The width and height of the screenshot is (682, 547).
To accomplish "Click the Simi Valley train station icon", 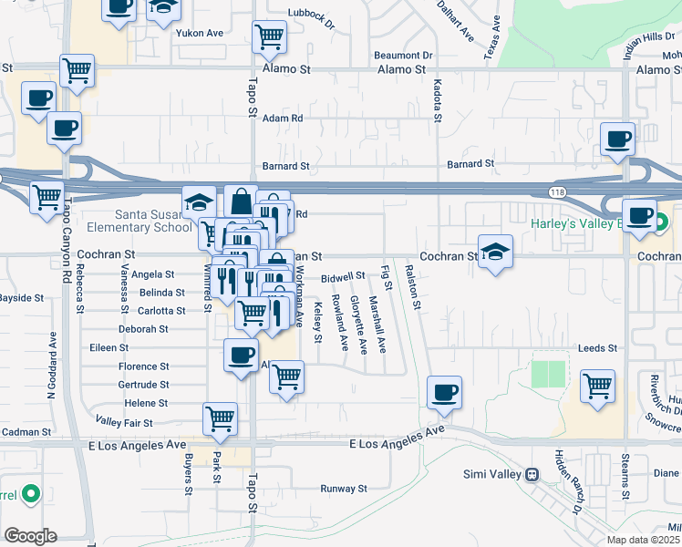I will pos(530,474).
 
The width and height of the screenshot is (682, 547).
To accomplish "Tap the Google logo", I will pos(31,536).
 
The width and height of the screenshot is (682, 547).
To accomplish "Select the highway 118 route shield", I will pos(555,192).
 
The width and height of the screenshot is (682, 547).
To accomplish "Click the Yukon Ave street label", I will pos(201,33).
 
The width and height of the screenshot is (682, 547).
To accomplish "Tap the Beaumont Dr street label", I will pos(403,56).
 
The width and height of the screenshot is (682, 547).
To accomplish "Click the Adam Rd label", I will pos(282,119).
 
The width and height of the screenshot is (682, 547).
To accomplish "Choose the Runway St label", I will pos(343,490).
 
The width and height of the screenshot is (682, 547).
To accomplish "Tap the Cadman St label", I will pos(26,431).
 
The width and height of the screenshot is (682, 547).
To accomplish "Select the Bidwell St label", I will pos(343,275).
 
